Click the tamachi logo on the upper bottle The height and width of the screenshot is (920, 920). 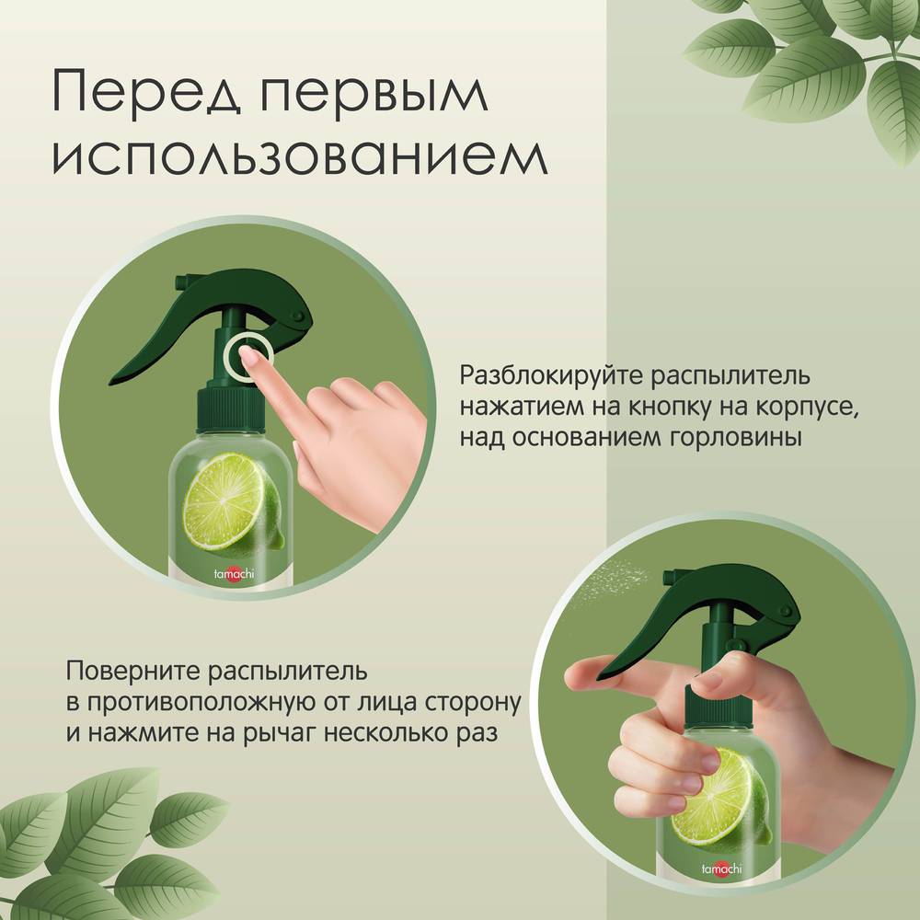click(x=234, y=573)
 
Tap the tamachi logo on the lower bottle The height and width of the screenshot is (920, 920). click(x=721, y=869)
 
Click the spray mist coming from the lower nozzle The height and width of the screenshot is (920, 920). click(x=610, y=579)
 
